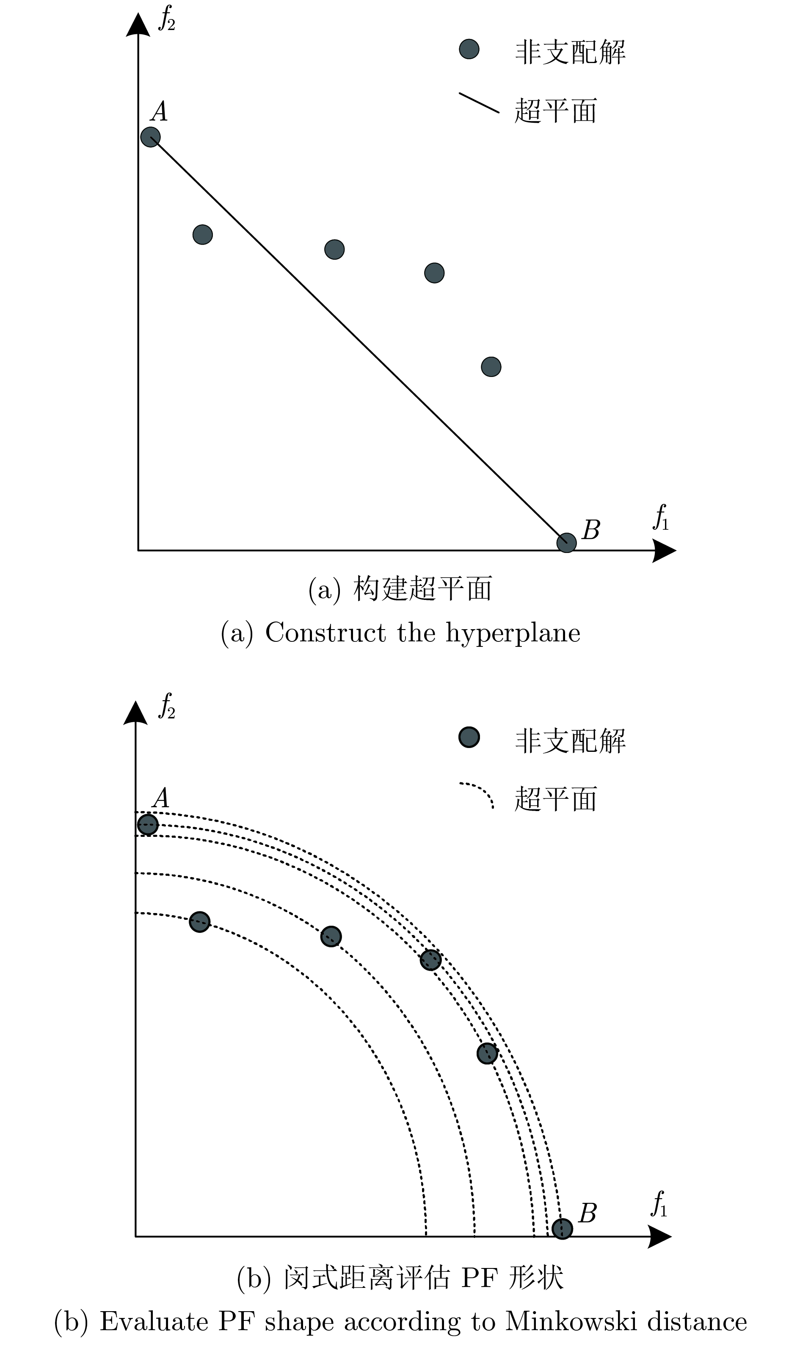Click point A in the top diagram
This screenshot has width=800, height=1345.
click(x=150, y=137)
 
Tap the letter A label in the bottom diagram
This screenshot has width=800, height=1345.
click(x=161, y=798)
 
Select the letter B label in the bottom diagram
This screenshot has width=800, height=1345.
click(x=587, y=1213)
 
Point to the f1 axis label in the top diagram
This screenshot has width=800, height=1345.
click(x=661, y=518)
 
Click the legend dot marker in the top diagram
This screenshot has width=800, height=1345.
click(x=469, y=49)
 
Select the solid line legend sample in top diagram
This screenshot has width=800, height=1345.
click(x=479, y=103)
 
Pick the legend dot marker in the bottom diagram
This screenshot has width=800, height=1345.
click(x=469, y=737)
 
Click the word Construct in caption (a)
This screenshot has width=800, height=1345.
click(x=326, y=633)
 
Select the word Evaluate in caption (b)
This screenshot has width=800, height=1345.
click(x=154, y=1321)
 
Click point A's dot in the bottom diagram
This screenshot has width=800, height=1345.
click(x=148, y=825)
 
